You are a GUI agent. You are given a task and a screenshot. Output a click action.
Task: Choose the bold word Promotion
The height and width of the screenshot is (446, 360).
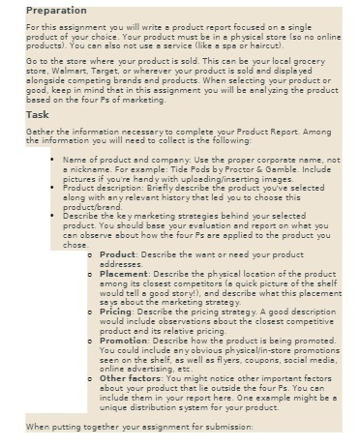click(x=124, y=341)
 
